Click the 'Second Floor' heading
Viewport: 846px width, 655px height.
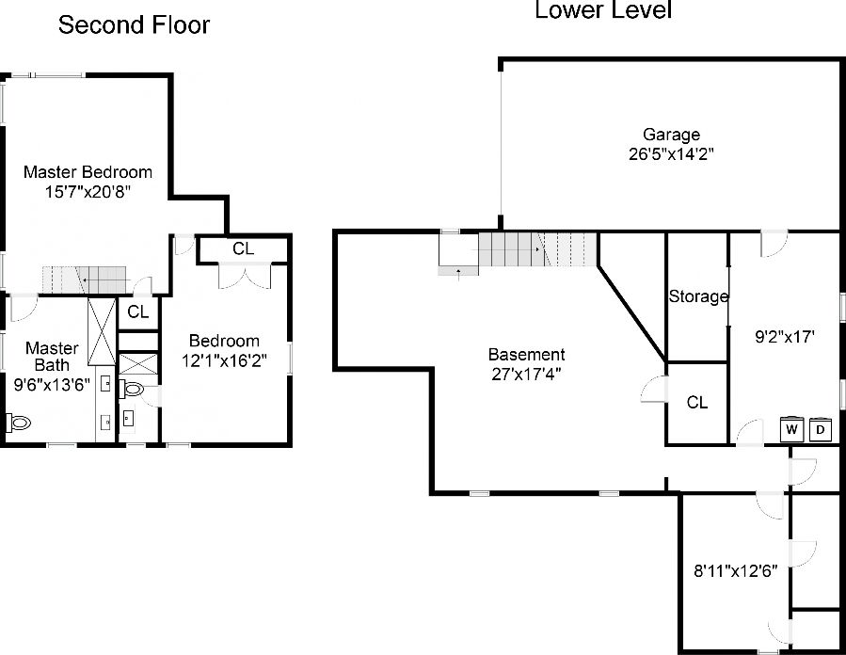(134, 24)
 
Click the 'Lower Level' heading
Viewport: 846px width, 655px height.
(603, 11)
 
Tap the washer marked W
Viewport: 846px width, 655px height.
(792, 430)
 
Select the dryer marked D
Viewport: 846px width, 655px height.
(821, 430)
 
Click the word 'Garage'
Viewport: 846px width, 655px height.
(671, 135)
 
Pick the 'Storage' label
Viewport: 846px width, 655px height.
(698, 296)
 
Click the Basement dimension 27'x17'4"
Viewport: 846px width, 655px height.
(526, 373)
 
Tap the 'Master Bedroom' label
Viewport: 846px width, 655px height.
(88, 172)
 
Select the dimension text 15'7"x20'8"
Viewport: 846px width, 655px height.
(88, 191)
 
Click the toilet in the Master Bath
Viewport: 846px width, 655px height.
(18, 423)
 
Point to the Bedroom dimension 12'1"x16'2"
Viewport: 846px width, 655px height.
(224, 359)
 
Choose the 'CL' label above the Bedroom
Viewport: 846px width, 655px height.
(243, 249)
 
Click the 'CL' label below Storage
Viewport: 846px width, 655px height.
(696, 403)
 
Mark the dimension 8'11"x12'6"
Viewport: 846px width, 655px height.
(734, 568)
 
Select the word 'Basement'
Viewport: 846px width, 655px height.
(526, 355)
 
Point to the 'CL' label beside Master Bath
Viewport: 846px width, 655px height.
(137, 312)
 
